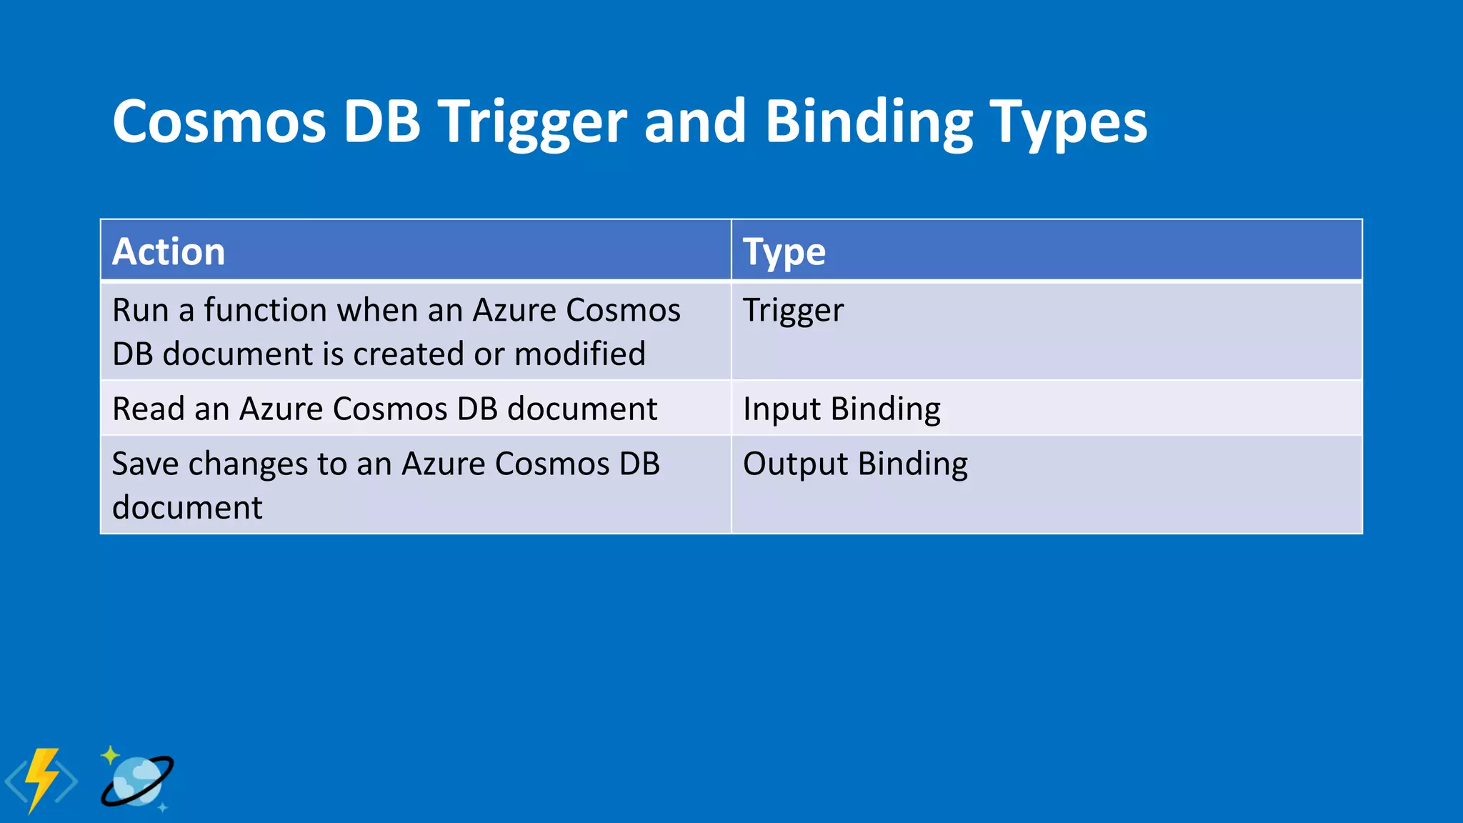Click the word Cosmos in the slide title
coord(219,121)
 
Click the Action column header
coord(169,251)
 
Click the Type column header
coord(784,251)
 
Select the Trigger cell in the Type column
coord(793,311)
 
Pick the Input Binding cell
coord(842,409)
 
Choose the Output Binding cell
coord(855,464)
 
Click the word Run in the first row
coord(139,311)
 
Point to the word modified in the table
coord(579,354)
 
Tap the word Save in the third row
coord(145,464)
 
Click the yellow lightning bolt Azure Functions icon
coord(41,780)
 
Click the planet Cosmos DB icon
coord(137,782)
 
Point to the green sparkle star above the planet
coord(110,755)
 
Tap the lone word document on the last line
coord(187,508)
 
